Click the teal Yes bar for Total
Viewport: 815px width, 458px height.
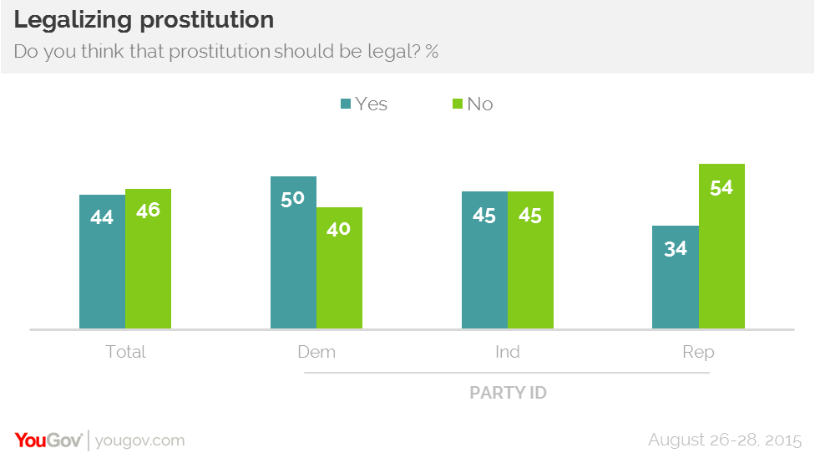point(102,262)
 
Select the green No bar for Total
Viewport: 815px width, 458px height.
point(148,258)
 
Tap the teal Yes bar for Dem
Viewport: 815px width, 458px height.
point(293,252)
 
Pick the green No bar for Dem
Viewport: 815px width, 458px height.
point(339,267)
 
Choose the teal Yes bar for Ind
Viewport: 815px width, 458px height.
point(484,260)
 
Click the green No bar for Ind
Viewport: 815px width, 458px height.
point(530,260)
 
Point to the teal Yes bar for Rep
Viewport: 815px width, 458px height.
point(675,277)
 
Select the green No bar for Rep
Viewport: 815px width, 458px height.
point(721,246)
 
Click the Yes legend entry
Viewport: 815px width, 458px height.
point(363,104)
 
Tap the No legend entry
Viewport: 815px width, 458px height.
point(472,104)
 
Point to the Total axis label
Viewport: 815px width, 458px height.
point(125,352)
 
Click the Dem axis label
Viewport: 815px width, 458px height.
point(316,352)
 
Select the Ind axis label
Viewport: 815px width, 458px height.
point(507,352)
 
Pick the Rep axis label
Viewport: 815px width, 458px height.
point(698,352)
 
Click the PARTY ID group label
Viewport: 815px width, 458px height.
point(508,392)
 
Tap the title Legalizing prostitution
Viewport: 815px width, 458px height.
point(144,20)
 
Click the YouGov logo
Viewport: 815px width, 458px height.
point(48,440)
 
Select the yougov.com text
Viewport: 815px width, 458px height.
point(140,440)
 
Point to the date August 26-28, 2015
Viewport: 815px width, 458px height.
point(725,440)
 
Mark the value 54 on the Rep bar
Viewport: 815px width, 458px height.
point(721,187)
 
